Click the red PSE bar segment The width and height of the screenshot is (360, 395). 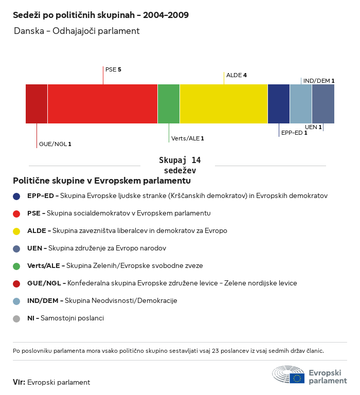point(102,104)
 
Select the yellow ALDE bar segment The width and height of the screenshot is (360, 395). point(224,104)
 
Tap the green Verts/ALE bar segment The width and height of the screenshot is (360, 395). point(169,104)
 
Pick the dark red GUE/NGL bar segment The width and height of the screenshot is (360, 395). point(37,104)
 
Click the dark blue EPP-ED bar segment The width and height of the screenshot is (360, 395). point(279,104)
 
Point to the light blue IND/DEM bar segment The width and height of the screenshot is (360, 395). point(301,104)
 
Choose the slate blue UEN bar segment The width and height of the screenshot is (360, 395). point(323,104)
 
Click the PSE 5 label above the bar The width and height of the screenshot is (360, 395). point(113,69)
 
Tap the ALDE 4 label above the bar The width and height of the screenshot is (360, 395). point(237,75)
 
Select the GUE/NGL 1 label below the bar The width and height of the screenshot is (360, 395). point(55,144)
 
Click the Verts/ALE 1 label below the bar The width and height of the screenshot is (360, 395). point(188,138)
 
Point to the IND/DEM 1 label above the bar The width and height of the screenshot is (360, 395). point(319,81)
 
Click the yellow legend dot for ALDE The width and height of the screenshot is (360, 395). point(17,231)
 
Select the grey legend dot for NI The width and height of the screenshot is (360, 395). point(17,318)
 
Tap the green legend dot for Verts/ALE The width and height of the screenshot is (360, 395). point(17,266)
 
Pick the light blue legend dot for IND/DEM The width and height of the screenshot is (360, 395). point(17,301)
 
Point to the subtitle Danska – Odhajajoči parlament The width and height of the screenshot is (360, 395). point(77,31)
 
